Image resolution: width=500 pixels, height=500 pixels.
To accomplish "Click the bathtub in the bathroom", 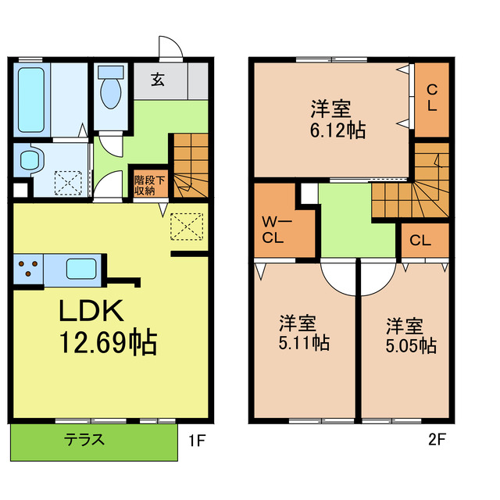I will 31,98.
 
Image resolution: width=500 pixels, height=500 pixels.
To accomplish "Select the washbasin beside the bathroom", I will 30,159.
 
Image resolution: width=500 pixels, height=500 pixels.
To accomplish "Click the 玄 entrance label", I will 158,79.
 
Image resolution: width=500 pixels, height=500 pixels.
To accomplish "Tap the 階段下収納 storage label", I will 148,184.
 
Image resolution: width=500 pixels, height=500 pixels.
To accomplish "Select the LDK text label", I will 92,311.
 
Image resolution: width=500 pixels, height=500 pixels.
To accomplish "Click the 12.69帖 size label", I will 108,341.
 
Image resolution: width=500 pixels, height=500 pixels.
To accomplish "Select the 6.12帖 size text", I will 337,130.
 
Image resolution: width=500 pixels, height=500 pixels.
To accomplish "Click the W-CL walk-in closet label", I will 277,230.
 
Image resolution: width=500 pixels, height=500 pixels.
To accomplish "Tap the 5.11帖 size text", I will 305,342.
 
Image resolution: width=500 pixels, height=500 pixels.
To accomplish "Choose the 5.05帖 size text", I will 409,344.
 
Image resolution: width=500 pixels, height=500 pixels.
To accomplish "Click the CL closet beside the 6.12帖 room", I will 431,98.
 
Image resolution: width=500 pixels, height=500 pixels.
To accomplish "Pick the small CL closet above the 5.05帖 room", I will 420,241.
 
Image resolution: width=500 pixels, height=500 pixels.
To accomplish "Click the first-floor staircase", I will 188,163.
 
